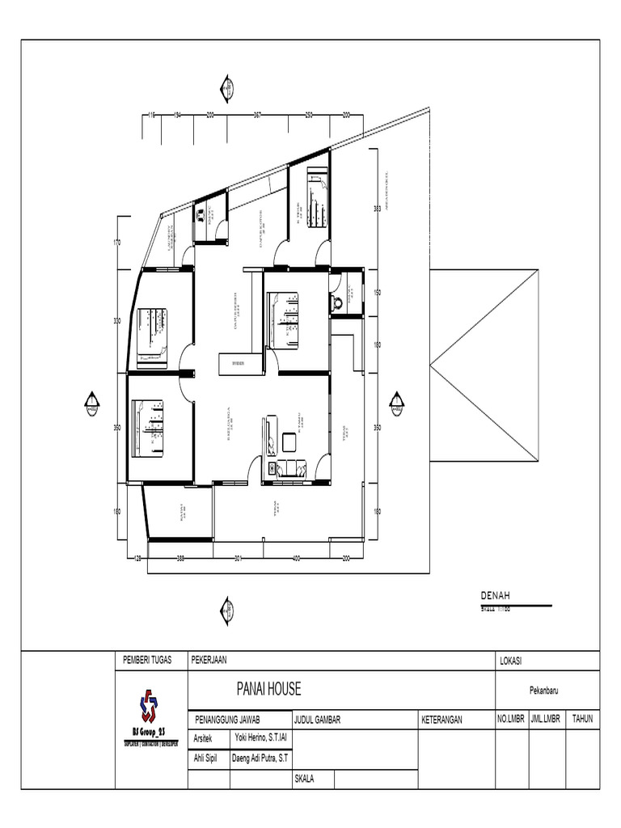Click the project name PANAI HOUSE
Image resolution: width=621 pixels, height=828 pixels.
click(x=268, y=689)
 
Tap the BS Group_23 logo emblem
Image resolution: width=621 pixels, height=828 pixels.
click(x=150, y=705)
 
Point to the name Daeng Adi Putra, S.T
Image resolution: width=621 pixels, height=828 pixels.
click(x=261, y=758)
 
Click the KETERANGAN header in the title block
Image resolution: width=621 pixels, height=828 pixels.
click(x=441, y=719)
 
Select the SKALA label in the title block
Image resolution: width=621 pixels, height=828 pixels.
click(x=305, y=778)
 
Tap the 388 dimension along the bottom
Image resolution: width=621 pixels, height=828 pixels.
click(x=180, y=558)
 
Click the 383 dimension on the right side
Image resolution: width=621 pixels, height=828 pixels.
click(x=377, y=209)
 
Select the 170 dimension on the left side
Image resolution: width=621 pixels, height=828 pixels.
click(x=116, y=243)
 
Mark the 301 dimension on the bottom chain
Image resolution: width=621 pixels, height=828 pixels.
click(x=239, y=558)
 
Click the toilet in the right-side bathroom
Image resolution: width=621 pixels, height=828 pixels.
click(x=337, y=302)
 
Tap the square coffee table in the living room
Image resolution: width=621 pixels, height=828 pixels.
click(x=289, y=441)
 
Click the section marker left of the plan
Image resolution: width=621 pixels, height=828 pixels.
click(x=92, y=403)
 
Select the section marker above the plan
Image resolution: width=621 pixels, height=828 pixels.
click(x=227, y=89)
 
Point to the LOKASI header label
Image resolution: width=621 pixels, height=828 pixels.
click(x=512, y=661)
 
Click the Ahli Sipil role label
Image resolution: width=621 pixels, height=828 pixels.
click(x=205, y=758)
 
